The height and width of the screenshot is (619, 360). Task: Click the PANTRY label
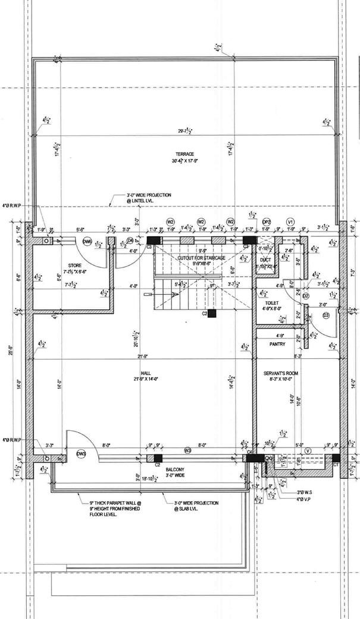click(277, 344)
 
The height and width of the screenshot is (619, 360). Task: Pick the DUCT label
click(266, 260)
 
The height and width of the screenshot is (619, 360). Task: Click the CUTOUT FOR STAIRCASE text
click(201, 258)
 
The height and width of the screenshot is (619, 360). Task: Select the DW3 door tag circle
click(82, 455)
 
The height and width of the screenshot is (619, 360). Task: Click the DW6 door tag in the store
click(87, 241)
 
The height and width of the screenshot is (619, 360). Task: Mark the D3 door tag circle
click(325, 315)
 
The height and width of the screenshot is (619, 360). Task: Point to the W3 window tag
click(187, 451)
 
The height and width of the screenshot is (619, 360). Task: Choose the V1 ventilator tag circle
click(291, 221)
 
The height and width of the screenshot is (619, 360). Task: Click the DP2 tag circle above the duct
click(267, 221)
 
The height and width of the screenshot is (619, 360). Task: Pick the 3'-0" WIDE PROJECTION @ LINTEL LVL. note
click(149, 198)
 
